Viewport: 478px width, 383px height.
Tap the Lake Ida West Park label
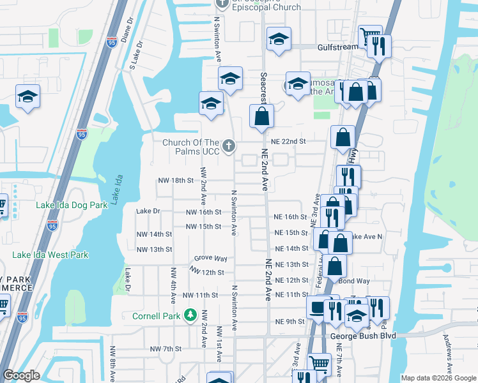(x=50, y=255)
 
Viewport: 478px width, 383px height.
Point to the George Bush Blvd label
(x=363, y=336)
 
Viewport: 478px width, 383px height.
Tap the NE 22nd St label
(x=288, y=141)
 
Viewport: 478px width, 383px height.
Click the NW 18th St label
(x=175, y=181)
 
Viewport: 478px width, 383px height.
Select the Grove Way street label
(x=211, y=259)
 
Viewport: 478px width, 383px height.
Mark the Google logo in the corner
(x=21, y=375)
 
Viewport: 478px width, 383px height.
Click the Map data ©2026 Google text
(x=438, y=378)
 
